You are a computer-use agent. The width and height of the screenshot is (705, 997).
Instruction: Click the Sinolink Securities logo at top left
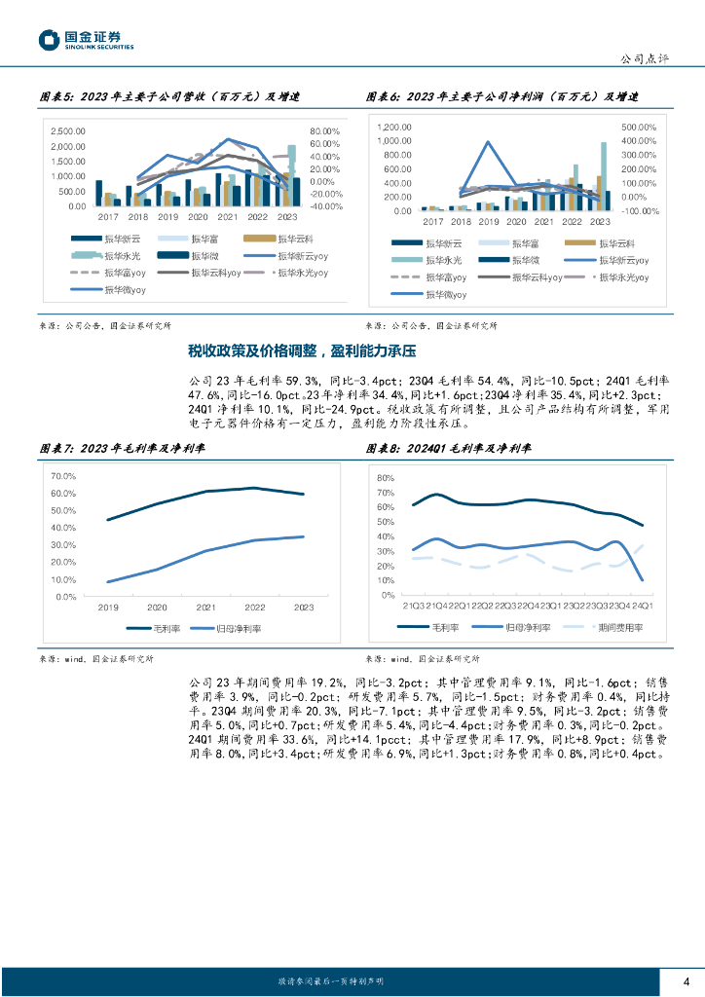[86, 40]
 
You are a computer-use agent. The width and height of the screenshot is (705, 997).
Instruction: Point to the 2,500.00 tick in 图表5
[68, 131]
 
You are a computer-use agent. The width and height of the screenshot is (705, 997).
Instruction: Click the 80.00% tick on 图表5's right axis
[325, 131]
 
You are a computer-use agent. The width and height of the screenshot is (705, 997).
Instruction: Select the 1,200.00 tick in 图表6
[395, 128]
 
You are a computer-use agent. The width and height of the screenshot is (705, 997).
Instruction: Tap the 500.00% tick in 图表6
[640, 128]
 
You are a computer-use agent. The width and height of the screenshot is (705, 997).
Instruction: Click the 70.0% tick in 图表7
[62, 476]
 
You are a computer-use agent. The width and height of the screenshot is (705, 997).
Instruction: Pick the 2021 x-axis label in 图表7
[205, 607]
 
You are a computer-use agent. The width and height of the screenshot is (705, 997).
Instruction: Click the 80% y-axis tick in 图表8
[386, 478]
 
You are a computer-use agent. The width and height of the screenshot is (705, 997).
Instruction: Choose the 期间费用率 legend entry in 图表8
[617, 628]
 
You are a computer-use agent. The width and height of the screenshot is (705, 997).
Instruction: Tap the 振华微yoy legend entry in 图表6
[447, 293]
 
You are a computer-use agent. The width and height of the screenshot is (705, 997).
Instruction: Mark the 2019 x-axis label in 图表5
[167, 216]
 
